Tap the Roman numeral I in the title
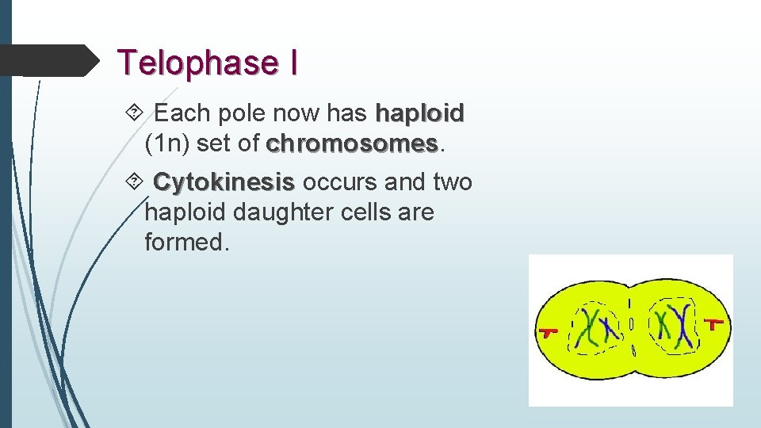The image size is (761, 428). [x=293, y=63]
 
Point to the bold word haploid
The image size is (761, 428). [x=419, y=114]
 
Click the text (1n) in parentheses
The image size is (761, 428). [x=166, y=144]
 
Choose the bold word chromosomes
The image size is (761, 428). [x=352, y=144]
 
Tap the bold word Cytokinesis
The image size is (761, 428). [x=224, y=182]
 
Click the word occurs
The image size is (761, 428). [x=339, y=182]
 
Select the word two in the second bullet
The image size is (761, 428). [x=452, y=182]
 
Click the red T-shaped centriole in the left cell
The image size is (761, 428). [x=548, y=331]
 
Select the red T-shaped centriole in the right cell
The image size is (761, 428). [x=715, y=323]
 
